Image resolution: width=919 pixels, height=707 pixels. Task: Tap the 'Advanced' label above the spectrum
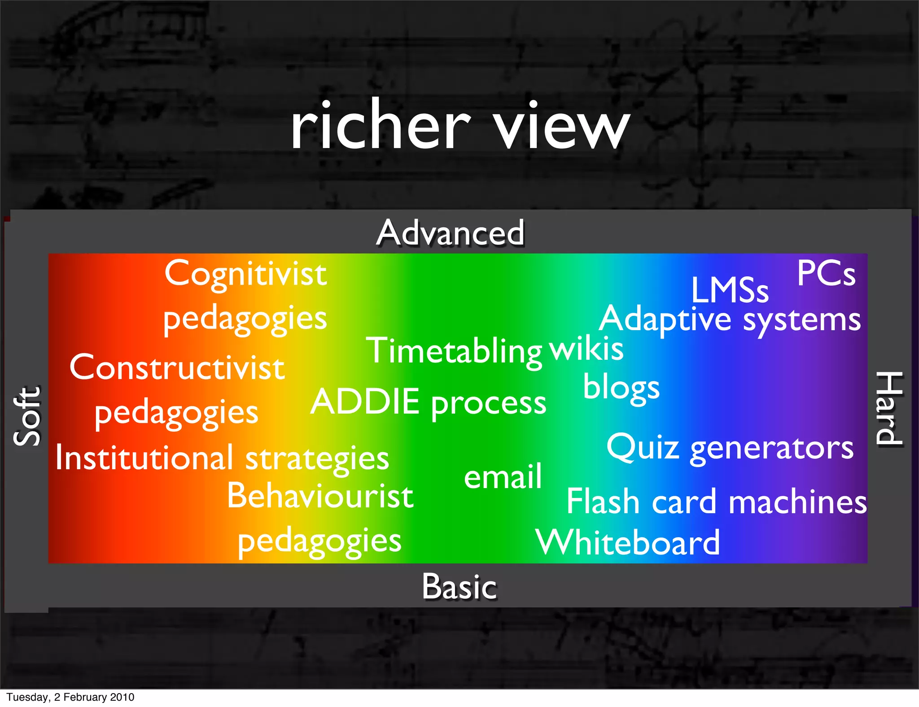click(x=450, y=233)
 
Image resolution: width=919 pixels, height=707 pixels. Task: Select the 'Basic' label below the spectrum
click(x=459, y=587)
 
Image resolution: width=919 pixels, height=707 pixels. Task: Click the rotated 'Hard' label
click(x=889, y=408)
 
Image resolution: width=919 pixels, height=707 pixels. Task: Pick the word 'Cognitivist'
click(x=245, y=274)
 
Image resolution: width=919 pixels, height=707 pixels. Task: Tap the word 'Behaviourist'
click(x=320, y=496)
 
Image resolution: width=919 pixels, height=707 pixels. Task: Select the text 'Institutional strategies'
click(x=222, y=458)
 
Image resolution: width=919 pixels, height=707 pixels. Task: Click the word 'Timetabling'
click(x=454, y=351)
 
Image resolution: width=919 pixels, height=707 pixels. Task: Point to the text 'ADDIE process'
click(x=429, y=402)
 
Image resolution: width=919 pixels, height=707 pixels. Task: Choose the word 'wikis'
click(x=586, y=348)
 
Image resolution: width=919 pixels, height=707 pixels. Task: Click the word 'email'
click(x=503, y=476)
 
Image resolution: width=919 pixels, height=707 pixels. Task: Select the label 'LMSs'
click(x=730, y=290)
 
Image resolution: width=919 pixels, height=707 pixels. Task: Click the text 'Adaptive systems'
click(x=730, y=319)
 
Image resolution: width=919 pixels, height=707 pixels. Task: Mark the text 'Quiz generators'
click(x=730, y=448)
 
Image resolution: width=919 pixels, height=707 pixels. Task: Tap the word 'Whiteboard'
click(x=628, y=543)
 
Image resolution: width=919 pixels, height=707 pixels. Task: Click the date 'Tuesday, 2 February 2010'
click(x=70, y=697)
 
